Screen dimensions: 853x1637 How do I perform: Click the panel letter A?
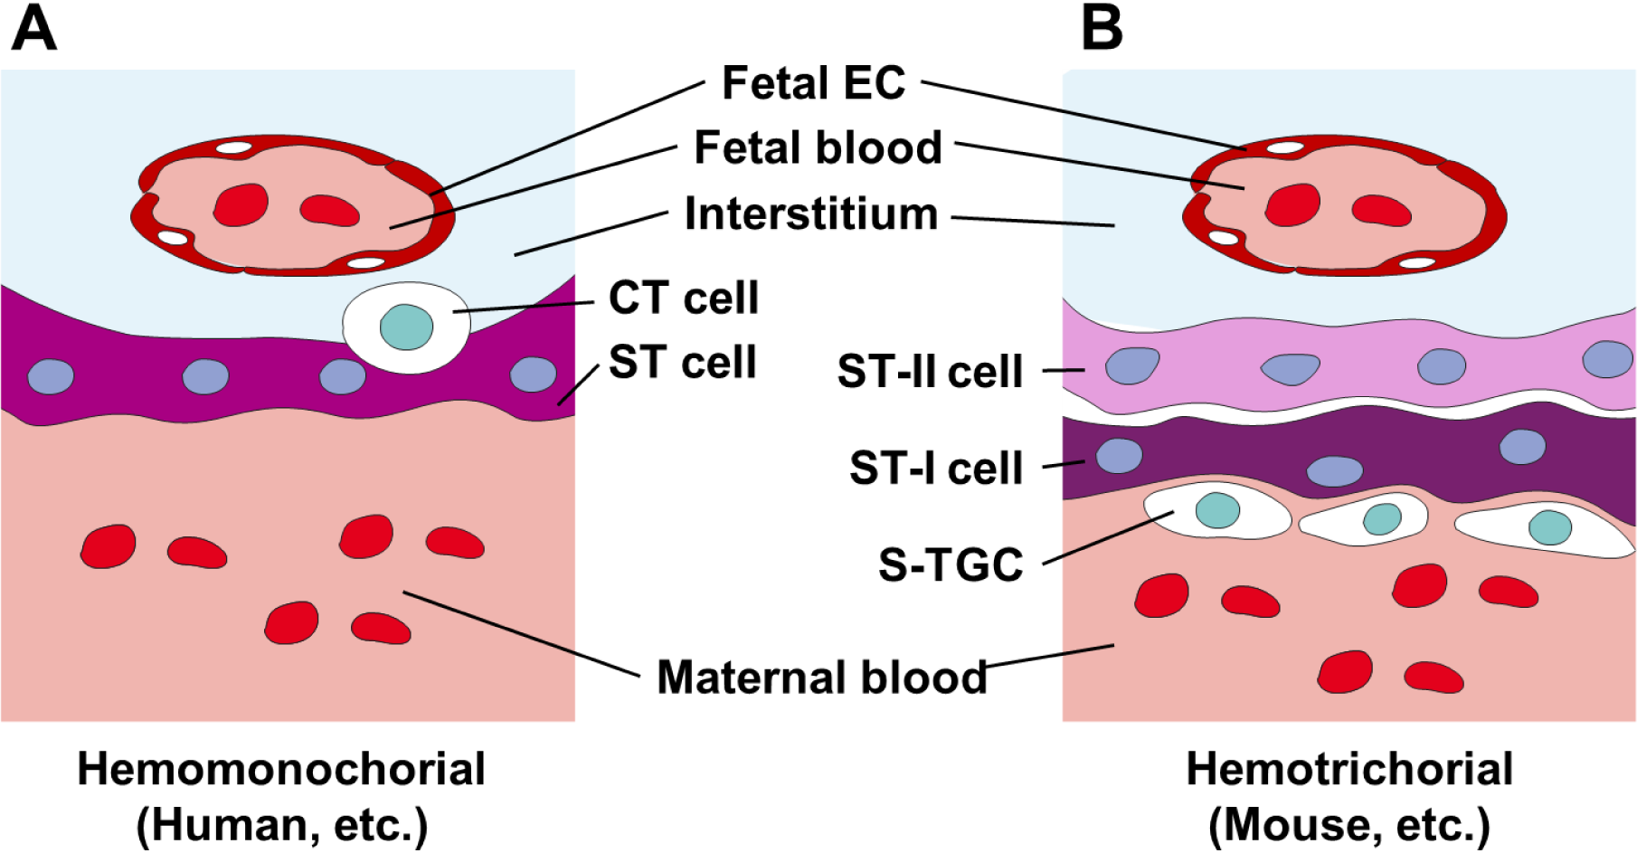coord(33,28)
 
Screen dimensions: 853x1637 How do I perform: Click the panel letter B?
coord(1102,28)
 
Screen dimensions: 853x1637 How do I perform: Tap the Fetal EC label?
coord(813,83)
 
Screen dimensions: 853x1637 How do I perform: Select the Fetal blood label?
coord(818,147)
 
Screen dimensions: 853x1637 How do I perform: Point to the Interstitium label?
coord(811,214)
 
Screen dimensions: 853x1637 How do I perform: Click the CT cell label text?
coord(683,298)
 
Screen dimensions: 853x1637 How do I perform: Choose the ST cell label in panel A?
coord(682,362)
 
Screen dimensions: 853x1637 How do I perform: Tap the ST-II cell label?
coord(930,371)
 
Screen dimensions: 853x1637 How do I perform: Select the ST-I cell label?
coord(935,468)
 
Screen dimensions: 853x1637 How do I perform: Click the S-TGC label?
coord(951,564)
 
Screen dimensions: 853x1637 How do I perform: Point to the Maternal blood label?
coord(821,677)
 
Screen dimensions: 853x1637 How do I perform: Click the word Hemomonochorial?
coord(281,769)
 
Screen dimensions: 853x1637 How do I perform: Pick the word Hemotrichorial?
coord(1349,769)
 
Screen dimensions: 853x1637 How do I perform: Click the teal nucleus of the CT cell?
coord(406,327)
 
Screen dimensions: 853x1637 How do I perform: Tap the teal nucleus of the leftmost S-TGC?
coord(1217,510)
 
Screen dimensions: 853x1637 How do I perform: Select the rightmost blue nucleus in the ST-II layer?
coord(1607,359)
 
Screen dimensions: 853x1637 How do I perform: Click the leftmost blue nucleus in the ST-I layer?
coord(1120,456)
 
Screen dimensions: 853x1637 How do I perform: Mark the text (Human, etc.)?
coord(281,824)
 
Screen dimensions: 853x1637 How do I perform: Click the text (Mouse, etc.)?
coord(1349,824)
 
